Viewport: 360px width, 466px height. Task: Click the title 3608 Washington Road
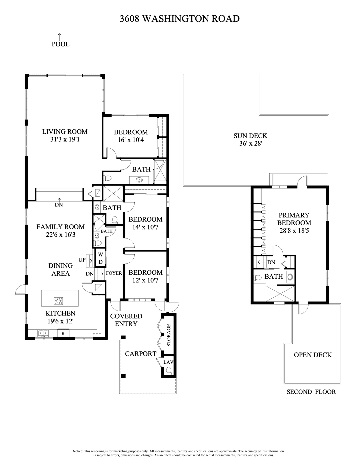coord(180,19)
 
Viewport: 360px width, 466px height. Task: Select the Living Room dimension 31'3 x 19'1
coord(65,140)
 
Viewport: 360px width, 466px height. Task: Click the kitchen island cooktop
coord(58,301)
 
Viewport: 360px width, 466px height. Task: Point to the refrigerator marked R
coord(63,333)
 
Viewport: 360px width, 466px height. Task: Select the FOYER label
coord(114,273)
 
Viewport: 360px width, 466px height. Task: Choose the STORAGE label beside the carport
coord(169,335)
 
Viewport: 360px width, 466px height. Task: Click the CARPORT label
coord(141,354)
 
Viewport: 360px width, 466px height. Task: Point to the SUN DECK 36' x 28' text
coord(250,140)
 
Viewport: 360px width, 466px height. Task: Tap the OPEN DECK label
coord(313,355)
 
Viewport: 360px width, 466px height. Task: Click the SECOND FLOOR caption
coord(311,392)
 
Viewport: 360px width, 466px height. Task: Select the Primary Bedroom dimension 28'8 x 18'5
coord(294,230)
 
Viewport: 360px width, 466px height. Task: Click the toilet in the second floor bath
coord(257,277)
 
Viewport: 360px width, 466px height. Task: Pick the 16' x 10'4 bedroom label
coord(131,140)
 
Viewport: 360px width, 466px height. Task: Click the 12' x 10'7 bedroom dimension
coord(145,280)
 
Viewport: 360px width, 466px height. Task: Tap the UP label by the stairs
coord(82,260)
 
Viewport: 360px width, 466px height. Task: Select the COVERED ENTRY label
coord(126,320)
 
